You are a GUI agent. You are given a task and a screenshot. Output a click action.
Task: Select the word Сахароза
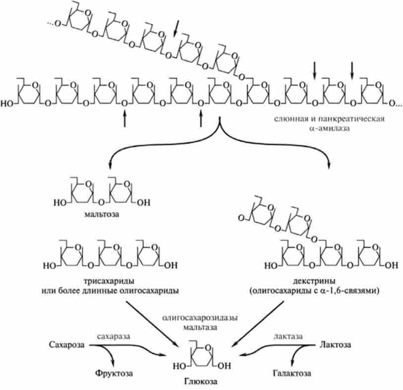click(x=65, y=344)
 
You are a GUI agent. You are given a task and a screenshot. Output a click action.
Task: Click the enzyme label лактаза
click(x=288, y=336)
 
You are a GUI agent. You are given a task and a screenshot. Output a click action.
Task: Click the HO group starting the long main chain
click(x=8, y=103)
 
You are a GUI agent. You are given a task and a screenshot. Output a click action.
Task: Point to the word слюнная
click(x=289, y=120)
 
